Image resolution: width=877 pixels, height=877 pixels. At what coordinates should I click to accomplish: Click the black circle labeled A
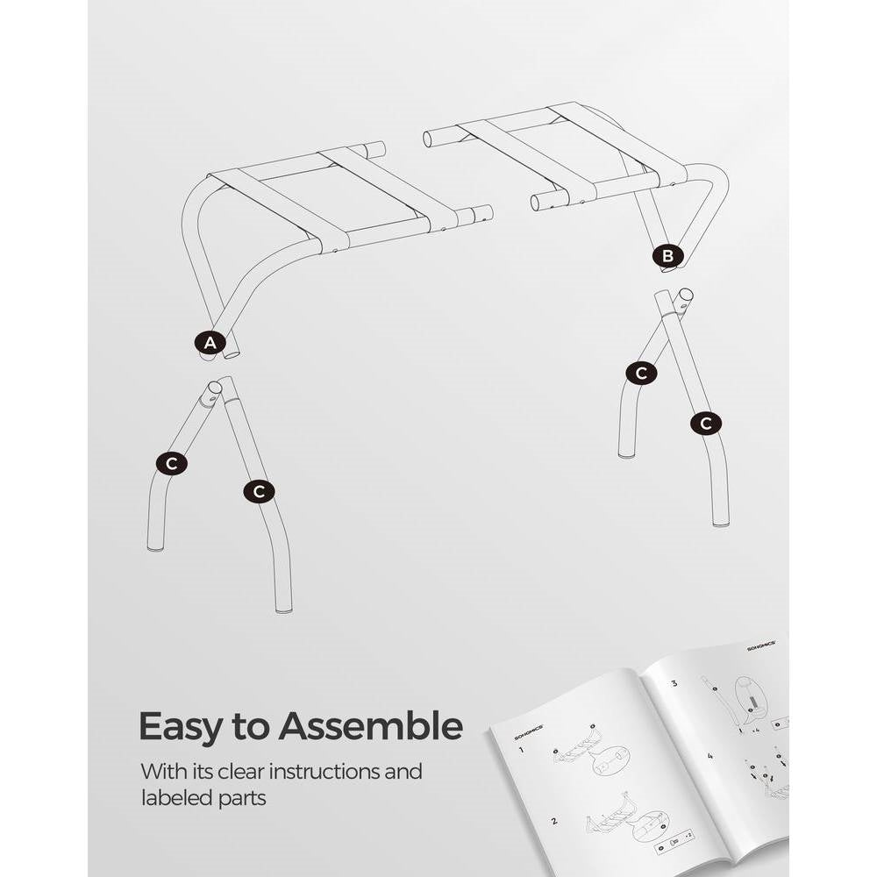[x=209, y=344]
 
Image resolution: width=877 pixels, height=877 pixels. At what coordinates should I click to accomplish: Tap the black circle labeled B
[x=667, y=255]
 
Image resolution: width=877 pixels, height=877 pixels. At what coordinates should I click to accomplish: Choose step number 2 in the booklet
[x=553, y=822]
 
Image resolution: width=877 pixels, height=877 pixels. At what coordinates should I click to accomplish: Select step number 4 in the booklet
[x=710, y=755]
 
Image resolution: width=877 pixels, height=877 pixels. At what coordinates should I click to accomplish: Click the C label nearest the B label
[x=641, y=373]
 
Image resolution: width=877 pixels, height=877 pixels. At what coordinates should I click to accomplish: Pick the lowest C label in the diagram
[x=259, y=492]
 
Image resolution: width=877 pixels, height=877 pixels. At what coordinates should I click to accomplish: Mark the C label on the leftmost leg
[x=171, y=464]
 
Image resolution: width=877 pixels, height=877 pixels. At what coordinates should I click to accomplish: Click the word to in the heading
[x=254, y=727]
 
